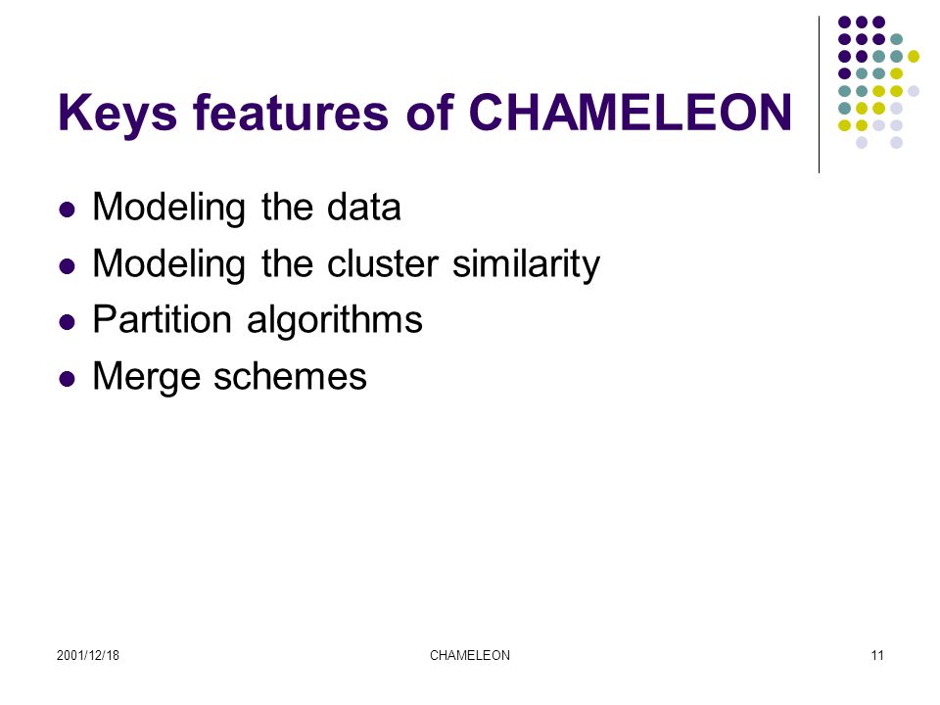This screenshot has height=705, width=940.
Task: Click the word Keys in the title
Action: click(x=117, y=114)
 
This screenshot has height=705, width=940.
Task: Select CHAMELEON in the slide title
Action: click(x=630, y=112)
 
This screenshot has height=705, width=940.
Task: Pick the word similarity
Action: click(x=526, y=264)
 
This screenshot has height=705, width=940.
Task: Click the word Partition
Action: click(x=162, y=319)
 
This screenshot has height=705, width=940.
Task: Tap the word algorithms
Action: click(x=335, y=320)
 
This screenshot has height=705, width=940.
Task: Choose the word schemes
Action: click(x=290, y=376)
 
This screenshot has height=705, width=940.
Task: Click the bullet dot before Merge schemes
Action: click(x=68, y=379)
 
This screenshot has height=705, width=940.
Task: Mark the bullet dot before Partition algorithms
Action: click(x=68, y=322)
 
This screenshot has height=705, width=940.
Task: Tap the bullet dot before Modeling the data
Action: click(x=68, y=210)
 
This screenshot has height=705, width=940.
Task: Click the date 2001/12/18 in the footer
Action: click(x=88, y=655)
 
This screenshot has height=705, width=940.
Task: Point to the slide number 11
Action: click(x=877, y=655)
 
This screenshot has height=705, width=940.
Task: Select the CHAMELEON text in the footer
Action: click(x=470, y=655)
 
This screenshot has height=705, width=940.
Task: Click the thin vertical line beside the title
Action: click(x=819, y=95)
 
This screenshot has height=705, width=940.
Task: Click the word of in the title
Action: click(x=429, y=112)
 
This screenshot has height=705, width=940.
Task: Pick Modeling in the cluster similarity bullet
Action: click(x=169, y=264)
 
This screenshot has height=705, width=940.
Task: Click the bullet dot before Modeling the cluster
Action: click(x=68, y=266)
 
